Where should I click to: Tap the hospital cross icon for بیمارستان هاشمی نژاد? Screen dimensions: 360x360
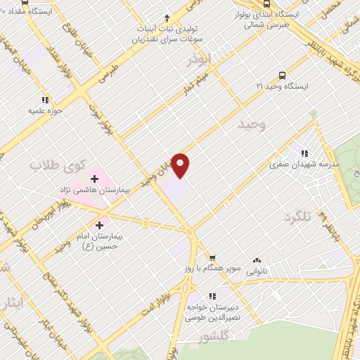[95, 179]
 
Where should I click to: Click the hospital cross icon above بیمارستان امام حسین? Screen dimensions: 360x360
[99, 226]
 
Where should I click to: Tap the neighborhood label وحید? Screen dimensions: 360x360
[254, 125]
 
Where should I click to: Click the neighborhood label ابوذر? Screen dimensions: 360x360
[199, 62]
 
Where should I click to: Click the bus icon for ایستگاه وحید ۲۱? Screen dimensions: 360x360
[283, 75]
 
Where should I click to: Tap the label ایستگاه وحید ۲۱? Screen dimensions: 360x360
[281, 86]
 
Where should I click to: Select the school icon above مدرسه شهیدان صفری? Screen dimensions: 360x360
[304, 152]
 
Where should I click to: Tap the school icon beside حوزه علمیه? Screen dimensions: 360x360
[46, 100]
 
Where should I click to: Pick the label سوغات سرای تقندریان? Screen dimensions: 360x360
[162, 39]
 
